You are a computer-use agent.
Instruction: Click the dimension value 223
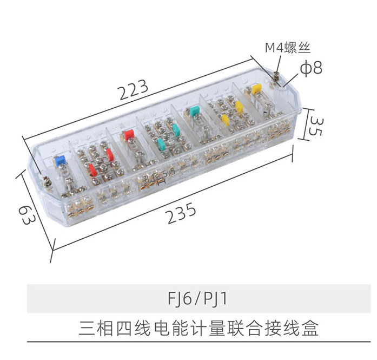[134, 89]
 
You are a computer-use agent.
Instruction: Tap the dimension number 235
[182, 213]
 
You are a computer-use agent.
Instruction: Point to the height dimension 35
[316, 127]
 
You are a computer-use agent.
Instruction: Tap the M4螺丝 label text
[288, 48]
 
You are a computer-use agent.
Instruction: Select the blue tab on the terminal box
[60, 160]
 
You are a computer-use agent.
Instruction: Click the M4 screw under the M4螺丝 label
[275, 76]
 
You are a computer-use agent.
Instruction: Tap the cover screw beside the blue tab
[46, 181]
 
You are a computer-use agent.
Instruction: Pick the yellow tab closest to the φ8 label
[257, 89]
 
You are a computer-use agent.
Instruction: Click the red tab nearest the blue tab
[92, 169]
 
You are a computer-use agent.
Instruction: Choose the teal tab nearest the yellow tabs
[194, 111]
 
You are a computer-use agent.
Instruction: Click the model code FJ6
[180, 299]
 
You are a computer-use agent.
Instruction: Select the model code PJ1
[216, 299]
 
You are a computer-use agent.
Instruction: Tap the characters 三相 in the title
[96, 328]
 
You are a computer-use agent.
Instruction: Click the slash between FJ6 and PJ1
[197, 299]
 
